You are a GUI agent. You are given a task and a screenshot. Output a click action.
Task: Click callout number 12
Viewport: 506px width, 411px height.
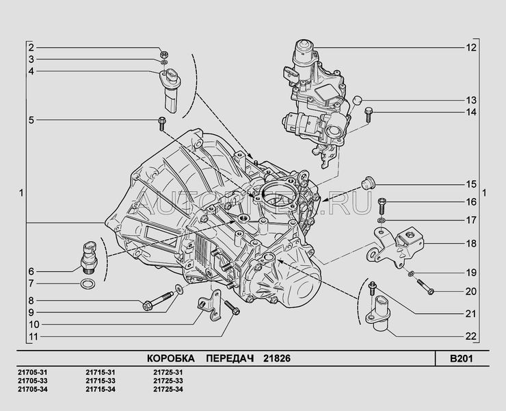point(470,48)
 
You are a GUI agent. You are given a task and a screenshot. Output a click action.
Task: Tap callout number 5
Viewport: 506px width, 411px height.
point(31,121)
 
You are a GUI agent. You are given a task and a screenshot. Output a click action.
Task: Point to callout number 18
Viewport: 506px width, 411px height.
point(470,242)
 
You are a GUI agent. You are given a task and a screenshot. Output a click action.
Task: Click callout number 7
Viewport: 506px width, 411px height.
point(31,283)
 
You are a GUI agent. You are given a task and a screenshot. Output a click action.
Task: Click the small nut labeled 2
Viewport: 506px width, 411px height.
point(163,53)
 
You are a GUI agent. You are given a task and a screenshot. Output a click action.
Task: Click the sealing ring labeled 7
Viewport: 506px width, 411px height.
point(88,283)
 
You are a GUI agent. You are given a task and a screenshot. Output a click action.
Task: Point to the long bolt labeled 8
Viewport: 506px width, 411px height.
point(157,300)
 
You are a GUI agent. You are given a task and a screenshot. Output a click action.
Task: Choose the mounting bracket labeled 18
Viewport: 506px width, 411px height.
point(400,245)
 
